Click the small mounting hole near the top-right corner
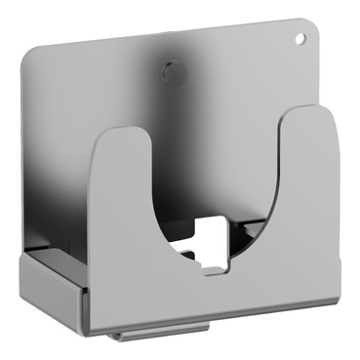(x=300, y=38)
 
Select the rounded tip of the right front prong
(x=309, y=112)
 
